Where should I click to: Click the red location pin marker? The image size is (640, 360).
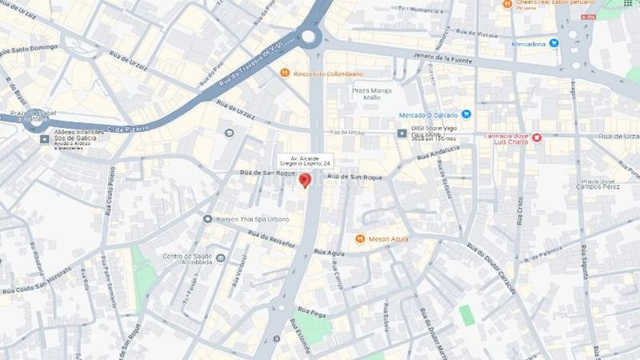[x=304, y=180]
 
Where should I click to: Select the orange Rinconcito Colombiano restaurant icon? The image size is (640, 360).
[x=284, y=73]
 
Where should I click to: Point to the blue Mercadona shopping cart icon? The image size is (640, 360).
[x=554, y=43]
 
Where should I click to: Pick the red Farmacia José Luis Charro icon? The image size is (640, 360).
[x=538, y=138]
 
